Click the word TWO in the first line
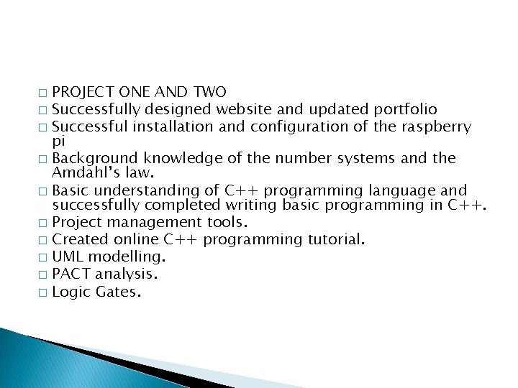click(x=210, y=92)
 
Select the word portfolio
click(x=405, y=109)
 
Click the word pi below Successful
click(x=59, y=141)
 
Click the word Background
click(x=96, y=158)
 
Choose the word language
click(x=402, y=190)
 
